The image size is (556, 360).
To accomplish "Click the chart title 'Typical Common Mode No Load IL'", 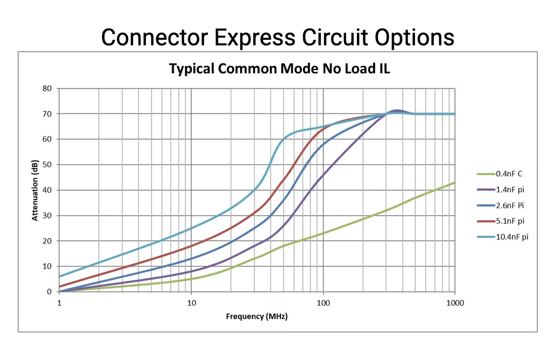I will [x=279, y=69].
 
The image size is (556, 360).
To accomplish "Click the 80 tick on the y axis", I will [x=47, y=88].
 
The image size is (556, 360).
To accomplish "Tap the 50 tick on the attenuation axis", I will [x=47, y=165].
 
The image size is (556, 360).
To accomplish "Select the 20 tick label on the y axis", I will [x=47, y=241].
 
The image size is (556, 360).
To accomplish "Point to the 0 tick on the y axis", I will [x=49, y=291].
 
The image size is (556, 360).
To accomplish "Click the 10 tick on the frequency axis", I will [x=191, y=302].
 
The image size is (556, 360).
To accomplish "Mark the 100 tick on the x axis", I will [x=323, y=302].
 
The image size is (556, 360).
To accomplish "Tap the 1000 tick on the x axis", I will [x=454, y=302].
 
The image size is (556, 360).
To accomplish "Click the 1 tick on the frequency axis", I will [x=59, y=302].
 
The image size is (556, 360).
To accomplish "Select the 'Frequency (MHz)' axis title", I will [x=256, y=316].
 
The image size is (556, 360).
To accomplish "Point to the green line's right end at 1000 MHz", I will [x=454, y=182].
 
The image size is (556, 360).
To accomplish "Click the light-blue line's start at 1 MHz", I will [x=60, y=276].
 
